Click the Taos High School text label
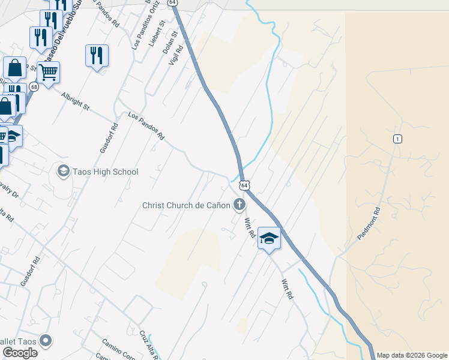tap(106, 172)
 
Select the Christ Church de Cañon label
tap(186, 205)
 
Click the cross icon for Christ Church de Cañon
tap(240, 205)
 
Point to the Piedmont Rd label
tap(369, 224)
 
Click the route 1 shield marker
tap(397, 139)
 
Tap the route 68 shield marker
tap(34, 87)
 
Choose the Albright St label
tap(74, 100)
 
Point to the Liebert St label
tap(158, 33)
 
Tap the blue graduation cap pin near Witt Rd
tap(269, 238)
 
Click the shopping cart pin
tap(49, 73)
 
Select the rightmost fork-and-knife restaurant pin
tap(97, 55)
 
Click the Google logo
tap(20, 353)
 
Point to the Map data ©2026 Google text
tap(412, 355)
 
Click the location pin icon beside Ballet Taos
tap(46, 341)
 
